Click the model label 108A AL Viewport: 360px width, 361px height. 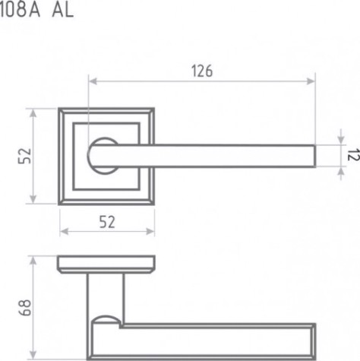(x=36, y=11)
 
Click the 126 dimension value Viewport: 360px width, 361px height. (x=202, y=71)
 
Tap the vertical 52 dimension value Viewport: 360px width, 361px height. (x=25, y=156)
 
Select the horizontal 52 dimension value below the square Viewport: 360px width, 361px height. (x=107, y=222)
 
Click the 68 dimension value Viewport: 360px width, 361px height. (x=25, y=308)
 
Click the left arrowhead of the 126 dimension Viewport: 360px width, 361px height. (x=93, y=81)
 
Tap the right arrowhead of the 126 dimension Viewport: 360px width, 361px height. (x=311, y=81)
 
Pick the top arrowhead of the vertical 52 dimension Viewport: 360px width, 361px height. (x=33, y=113)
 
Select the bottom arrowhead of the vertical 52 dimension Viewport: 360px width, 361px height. (x=33, y=199)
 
